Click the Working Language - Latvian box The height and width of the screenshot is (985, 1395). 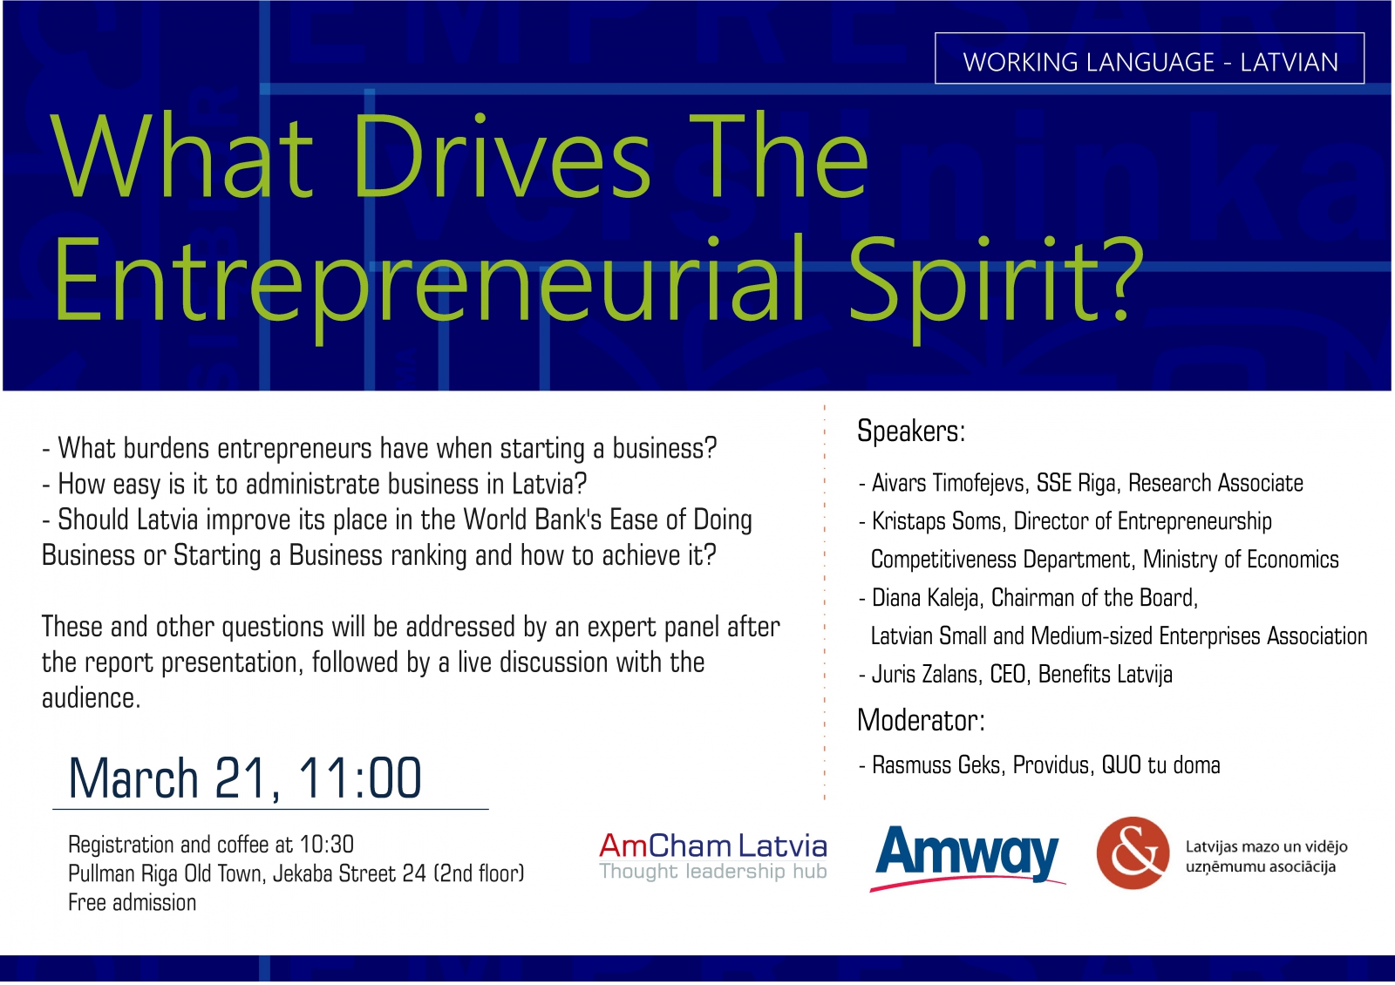[x=1150, y=58]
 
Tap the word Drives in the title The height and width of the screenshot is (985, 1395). [x=502, y=156]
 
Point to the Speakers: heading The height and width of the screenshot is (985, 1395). [x=910, y=431]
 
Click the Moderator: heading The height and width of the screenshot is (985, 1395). [x=921, y=720]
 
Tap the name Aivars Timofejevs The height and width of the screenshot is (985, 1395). [x=950, y=484]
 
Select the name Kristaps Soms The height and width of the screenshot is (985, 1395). [x=938, y=522]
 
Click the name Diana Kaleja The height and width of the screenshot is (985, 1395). [x=926, y=598]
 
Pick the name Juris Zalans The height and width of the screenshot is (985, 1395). [x=924, y=675]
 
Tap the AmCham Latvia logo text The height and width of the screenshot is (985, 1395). [x=713, y=845]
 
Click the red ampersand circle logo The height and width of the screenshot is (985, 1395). [x=1133, y=853]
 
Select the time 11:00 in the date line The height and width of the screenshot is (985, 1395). [x=360, y=778]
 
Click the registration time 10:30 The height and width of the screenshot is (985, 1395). [x=326, y=845]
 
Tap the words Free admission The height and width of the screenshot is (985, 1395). [x=132, y=903]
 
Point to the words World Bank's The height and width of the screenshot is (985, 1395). [x=533, y=520]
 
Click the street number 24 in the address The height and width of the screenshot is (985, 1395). [x=414, y=873]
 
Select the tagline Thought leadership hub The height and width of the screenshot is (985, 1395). [x=713, y=871]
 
